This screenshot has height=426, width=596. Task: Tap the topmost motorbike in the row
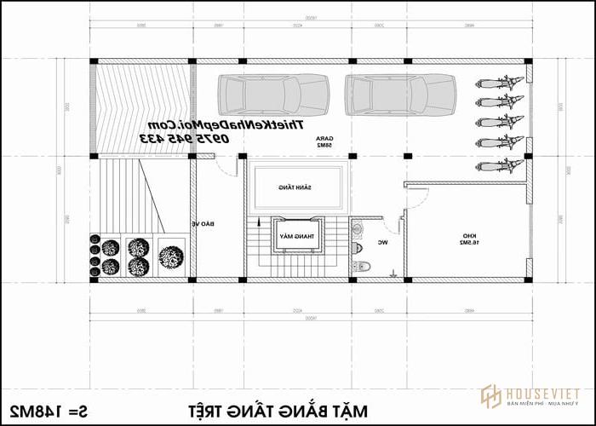tap(499, 83)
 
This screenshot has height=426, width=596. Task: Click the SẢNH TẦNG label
tap(295, 187)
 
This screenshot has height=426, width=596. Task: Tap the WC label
tap(383, 243)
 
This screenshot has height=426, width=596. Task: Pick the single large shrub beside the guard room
tap(170, 256)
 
